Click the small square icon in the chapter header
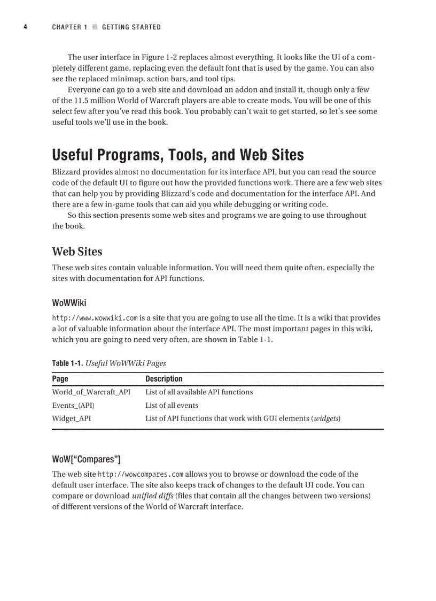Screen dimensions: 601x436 tap(95, 27)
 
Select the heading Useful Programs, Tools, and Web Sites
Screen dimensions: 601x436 tap(178, 155)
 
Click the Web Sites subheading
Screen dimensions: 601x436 tap(77, 252)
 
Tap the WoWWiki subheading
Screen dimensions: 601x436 tap(69, 303)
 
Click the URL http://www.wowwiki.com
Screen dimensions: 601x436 tap(95, 317)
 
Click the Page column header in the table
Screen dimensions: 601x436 tap(60, 379)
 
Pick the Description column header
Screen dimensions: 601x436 tap(163, 379)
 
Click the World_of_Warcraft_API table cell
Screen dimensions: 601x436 tap(91, 392)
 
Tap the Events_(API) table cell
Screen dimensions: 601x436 tap(73, 405)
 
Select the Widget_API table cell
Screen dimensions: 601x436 tap(71, 419)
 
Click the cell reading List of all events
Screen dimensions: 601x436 tap(172, 405)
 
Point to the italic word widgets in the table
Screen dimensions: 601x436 tap(326, 419)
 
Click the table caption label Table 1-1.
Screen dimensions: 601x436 tap(67, 363)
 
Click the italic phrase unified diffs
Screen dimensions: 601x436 tap(152, 496)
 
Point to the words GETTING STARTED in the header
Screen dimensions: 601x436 tap(131, 27)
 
